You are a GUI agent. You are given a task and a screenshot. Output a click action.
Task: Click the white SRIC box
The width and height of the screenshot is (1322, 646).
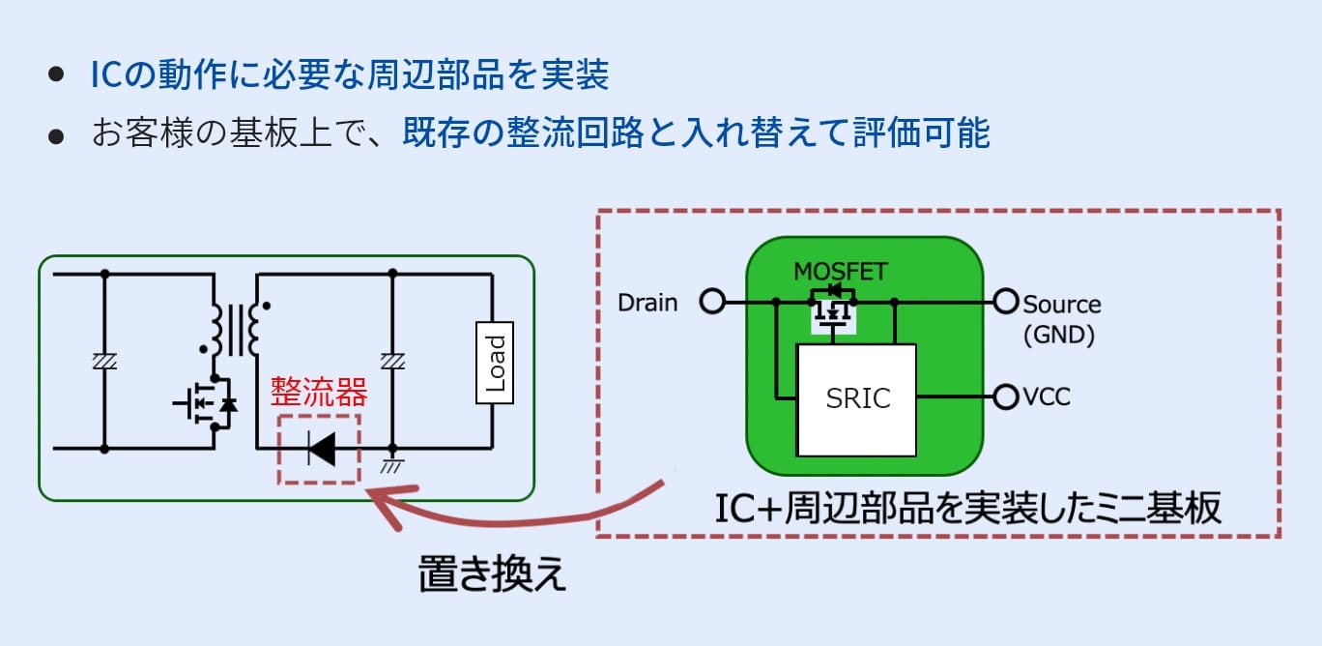(x=856, y=399)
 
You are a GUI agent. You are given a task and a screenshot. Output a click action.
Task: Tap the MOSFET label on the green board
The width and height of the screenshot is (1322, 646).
(x=839, y=272)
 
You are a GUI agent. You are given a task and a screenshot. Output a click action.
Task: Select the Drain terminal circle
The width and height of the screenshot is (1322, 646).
(x=711, y=303)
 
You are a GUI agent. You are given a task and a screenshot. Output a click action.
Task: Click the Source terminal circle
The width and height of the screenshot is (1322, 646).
(x=1006, y=303)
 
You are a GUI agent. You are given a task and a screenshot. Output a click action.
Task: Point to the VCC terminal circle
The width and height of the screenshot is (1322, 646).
(x=1006, y=396)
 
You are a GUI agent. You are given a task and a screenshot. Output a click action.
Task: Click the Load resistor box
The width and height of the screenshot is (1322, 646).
(x=495, y=362)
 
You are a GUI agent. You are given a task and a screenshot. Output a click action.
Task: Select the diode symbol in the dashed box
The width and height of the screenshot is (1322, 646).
(x=320, y=449)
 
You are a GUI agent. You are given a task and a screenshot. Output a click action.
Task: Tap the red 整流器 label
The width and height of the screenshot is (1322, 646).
(x=319, y=393)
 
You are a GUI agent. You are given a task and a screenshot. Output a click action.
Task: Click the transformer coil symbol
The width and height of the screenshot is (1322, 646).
(x=235, y=329)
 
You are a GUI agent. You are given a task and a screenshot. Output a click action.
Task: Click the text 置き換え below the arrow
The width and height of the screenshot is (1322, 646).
(x=492, y=573)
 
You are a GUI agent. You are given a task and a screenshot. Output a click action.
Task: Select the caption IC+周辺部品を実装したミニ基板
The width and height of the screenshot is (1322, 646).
(x=967, y=507)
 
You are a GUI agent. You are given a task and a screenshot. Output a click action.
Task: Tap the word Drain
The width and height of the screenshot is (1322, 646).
(x=647, y=304)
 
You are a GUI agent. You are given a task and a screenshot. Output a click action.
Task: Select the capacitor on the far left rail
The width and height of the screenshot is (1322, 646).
(x=103, y=361)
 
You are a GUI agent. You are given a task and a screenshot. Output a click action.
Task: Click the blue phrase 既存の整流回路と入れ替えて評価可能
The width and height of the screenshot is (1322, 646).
(x=697, y=133)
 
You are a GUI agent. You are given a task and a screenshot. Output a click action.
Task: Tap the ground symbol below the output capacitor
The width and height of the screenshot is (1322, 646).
(x=392, y=466)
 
